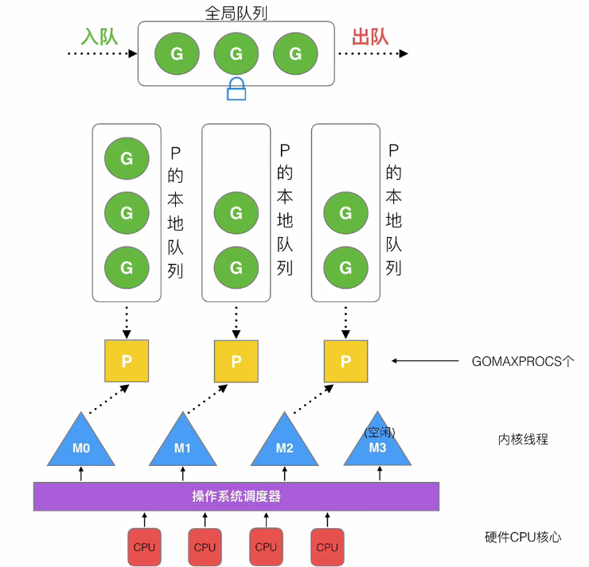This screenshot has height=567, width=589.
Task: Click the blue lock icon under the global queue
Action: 236,89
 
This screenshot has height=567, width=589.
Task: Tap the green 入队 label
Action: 99,37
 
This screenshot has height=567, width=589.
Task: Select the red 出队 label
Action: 370,37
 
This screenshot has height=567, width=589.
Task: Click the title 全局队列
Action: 236,13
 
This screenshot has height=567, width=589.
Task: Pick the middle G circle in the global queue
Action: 236,53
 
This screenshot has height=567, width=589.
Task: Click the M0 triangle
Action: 81,443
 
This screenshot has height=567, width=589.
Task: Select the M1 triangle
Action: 182,443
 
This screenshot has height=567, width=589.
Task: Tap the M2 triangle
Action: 284,443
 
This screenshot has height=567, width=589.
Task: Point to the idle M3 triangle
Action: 377,443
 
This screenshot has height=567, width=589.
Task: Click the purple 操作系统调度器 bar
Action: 236,496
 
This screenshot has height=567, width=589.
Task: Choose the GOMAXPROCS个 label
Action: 522,361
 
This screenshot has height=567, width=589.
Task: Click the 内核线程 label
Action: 523,439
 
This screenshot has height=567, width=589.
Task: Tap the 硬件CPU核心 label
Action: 523,538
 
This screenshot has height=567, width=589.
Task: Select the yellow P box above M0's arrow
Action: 127,361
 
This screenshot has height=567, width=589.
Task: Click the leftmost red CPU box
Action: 144,547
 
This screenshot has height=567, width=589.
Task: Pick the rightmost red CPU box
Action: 327,547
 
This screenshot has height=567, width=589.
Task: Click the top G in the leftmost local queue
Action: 127,158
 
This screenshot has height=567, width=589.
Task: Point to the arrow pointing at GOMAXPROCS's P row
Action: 425,361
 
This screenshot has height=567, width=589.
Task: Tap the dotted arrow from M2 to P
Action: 314,399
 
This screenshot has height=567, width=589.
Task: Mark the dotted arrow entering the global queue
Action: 102,53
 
